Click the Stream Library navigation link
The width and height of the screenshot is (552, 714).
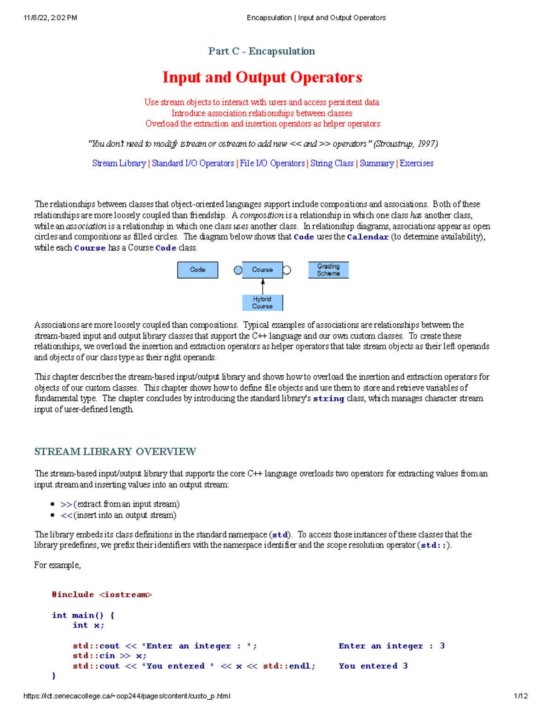click(x=119, y=163)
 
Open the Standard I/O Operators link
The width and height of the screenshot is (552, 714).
click(x=193, y=163)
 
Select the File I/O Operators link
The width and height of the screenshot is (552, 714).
click(x=272, y=163)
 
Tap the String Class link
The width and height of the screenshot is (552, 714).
click(x=332, y=163)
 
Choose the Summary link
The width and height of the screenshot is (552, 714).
click(x=376, y=163)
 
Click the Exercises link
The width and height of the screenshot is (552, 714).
click(x=416, y=163)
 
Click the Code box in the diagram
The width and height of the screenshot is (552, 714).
click(x=197, y=270)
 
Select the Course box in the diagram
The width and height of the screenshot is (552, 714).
click(x=262, y=270)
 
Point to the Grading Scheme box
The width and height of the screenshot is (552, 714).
click(x=328, y=270)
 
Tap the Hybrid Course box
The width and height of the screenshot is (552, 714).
click(x=262, y=303)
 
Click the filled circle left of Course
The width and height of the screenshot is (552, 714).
click(x=238, y=270)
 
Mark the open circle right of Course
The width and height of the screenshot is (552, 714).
click(x=287, y=270)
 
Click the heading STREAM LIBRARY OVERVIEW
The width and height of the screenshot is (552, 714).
click(x=115, y=451)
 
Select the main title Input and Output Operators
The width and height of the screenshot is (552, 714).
click(x=262, y=77)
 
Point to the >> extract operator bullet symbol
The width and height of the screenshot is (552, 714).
click(x=66, y=504)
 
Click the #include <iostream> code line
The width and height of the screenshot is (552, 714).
click(x=102, y=594)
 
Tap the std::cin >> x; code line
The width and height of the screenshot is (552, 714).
click(x=109, y=656)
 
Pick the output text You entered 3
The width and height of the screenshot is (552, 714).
click(x=373, y=666)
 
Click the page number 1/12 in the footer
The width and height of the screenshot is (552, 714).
click(x=520, y=696)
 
